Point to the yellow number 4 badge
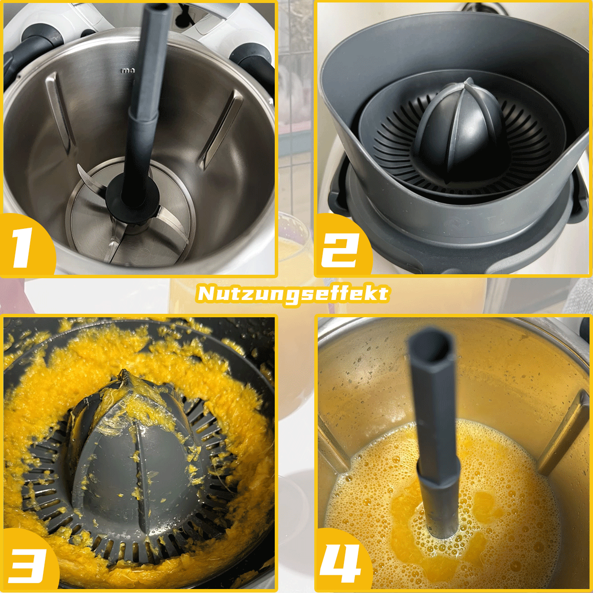[341, 563]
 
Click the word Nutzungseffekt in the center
[293, 294]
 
